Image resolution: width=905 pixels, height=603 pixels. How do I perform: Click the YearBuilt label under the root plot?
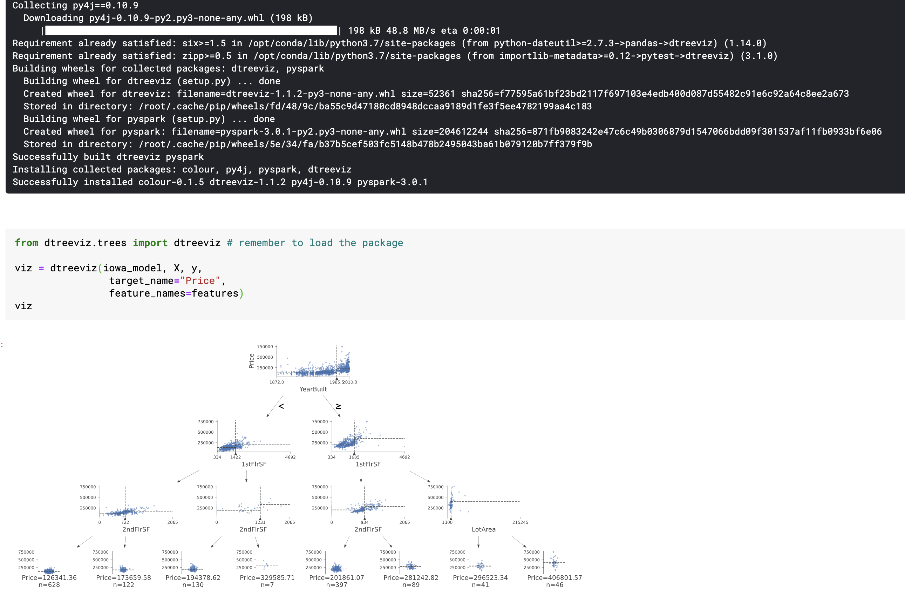pyautogui.click(x=313, y=389)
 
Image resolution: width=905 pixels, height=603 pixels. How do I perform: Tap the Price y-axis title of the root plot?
pyautogui.click(x=251, y=361)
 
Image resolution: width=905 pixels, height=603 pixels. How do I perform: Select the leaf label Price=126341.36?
pyautogui.click(x=49, y=578)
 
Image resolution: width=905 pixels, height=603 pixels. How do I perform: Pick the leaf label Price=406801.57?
pyautogui.click(x=554, y=578)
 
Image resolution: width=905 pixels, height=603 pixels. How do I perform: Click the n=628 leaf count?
pyautogui.click(x=49, y=585)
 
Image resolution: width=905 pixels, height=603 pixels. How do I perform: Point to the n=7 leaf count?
pyautogui.click(x=267, y=585)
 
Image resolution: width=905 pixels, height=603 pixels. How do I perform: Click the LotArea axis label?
pyautogui.click(x=484, y=529)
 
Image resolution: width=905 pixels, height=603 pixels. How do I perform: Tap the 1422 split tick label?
pyautogui.click(x=236, y=457)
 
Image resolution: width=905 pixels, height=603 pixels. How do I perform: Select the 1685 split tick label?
pyautogui.click(x=354, y=457)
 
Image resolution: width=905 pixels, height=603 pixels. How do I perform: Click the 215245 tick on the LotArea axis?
pyautogui.click(x=520, y=522)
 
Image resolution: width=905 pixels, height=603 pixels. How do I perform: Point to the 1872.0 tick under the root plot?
pyautogui.click(x=277, y=382)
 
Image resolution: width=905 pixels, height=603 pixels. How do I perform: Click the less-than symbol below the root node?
pyautogui.click(x=281, y=406)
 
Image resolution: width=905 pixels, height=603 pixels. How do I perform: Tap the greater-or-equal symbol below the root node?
pyautogui.click(x=338, y=406)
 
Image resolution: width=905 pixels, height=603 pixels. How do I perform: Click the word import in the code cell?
pyautogui.click(x=150, y=243)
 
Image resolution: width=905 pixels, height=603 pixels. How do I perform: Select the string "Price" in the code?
pyautogui.click(x=200, y=281)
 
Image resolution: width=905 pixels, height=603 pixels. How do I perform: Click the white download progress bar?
pyautogui.click(x=191, y=31)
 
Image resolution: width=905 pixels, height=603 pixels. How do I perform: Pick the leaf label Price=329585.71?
pyautogui.click(x=267, y=578)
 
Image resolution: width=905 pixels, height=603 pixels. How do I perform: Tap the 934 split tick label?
pyautogui.click(x=365, y=522)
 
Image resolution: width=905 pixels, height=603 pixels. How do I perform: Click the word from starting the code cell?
pyautogui.click(x=27, y=243)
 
